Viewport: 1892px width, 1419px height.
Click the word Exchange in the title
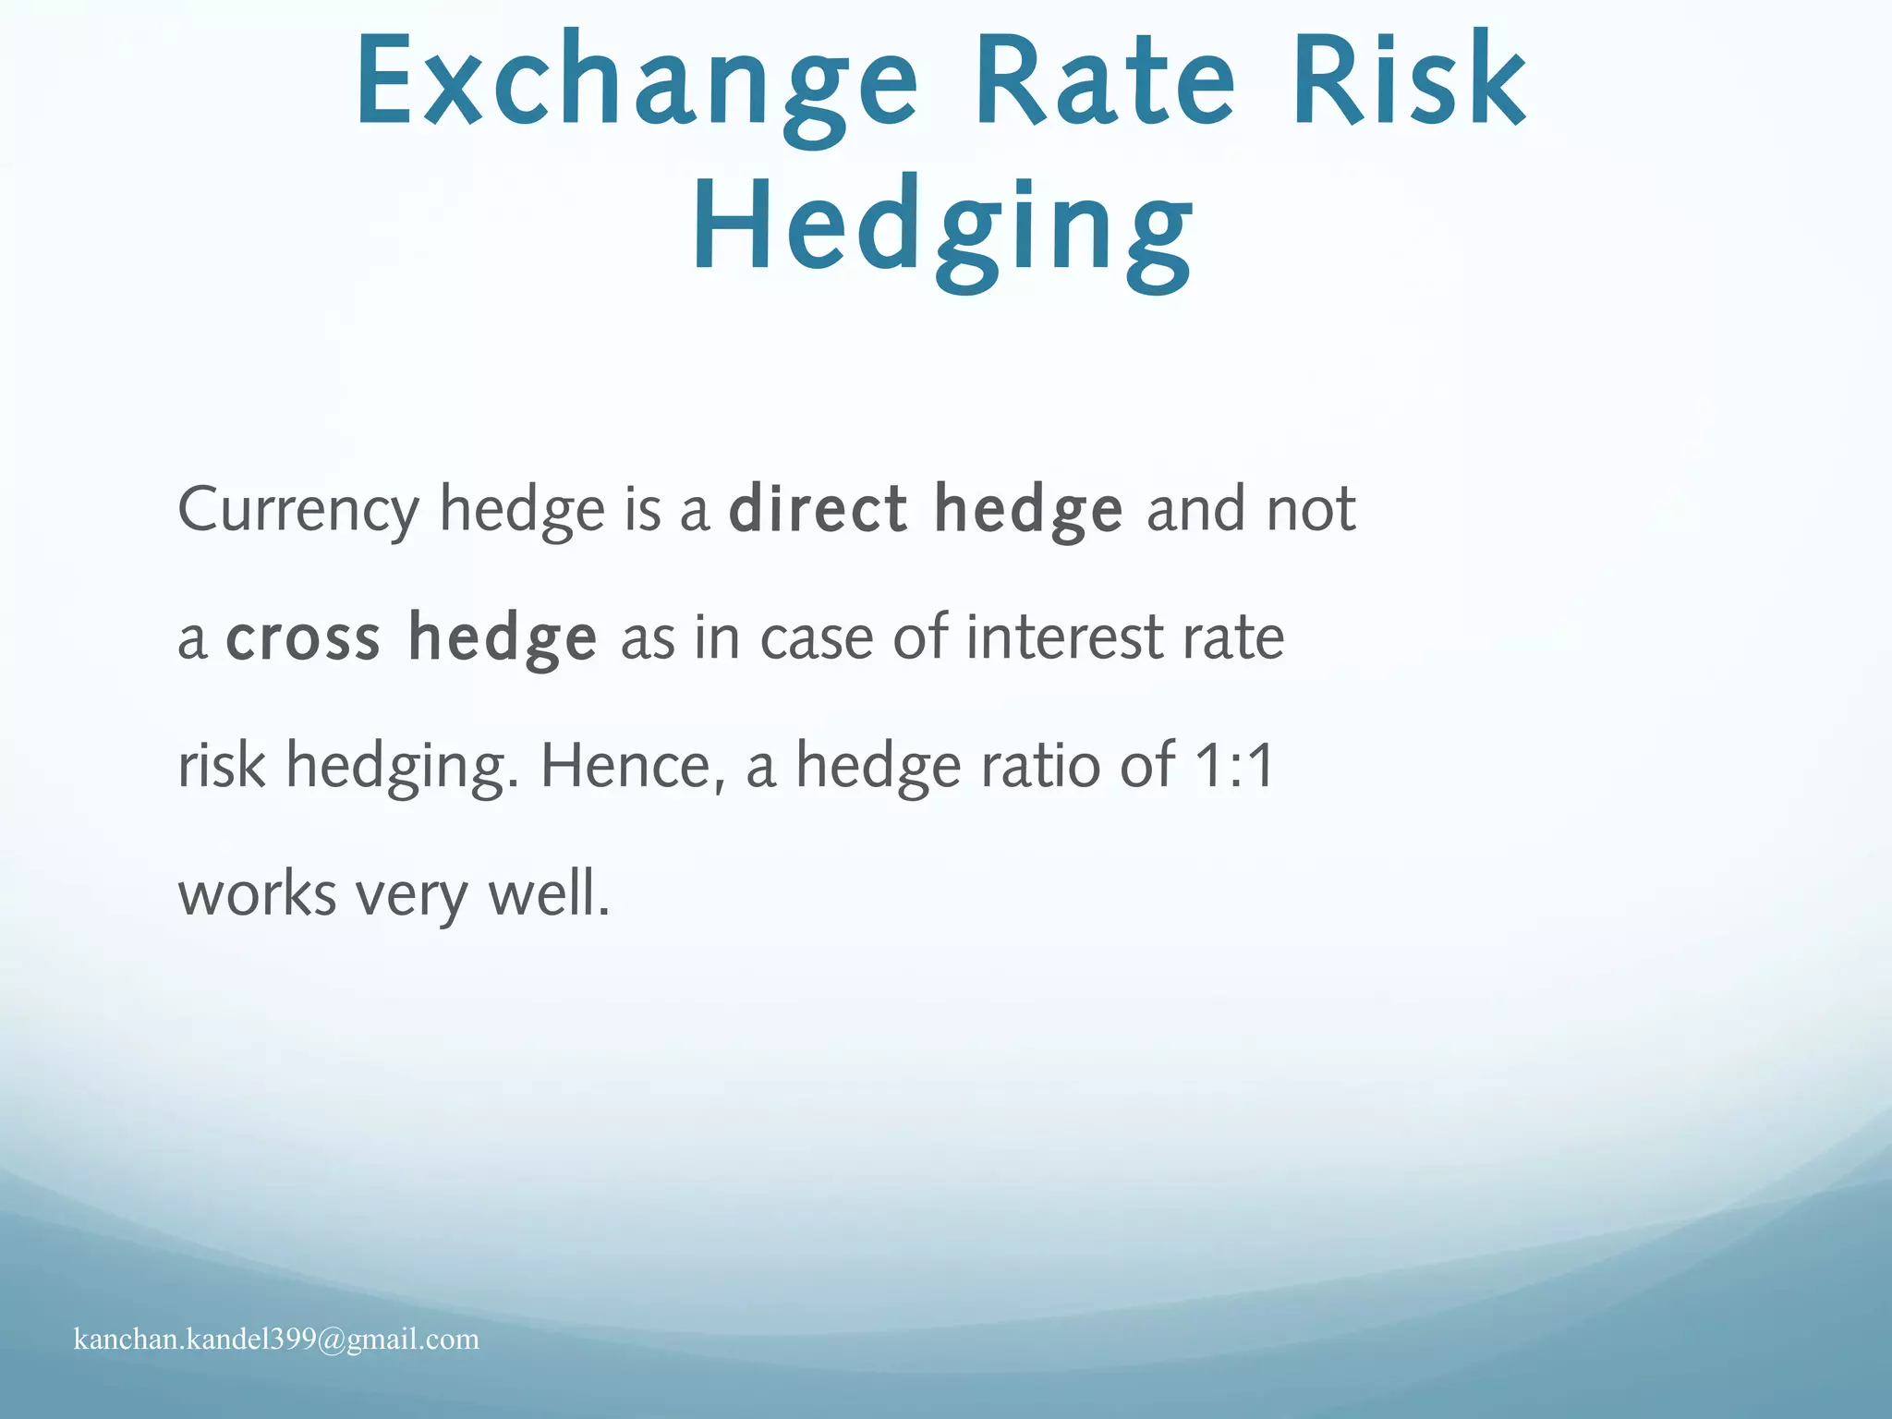636,83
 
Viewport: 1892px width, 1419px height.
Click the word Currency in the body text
298,511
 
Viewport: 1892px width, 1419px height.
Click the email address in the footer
276,1340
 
